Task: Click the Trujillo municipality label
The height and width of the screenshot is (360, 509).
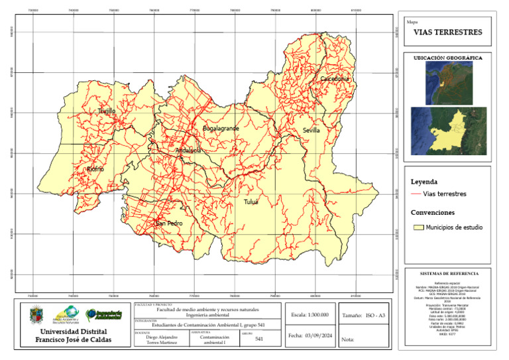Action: coord(107,111)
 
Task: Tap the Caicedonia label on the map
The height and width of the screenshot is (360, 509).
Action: coord(334,79)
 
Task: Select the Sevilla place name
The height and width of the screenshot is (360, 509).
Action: coord(311,131)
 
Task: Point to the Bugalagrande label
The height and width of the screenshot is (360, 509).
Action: coord(220,127)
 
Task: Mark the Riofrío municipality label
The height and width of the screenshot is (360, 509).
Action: coord(95,170)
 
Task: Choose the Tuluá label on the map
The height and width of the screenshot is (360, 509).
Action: coord(251,202)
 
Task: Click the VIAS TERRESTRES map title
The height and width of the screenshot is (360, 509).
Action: coord(448,32)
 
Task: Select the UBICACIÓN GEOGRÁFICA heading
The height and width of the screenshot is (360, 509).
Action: coord(448,58)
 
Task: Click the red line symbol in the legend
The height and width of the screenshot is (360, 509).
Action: coord(416,194)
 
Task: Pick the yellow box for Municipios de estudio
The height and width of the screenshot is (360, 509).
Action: coord(418,227)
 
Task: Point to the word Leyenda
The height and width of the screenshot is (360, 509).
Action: coord(425,181)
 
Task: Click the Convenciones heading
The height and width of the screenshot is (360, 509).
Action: coord(433,213)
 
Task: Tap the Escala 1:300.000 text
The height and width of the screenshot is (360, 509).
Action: coord(309,314)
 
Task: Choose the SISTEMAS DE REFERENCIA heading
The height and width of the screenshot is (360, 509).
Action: coord(449,273)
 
